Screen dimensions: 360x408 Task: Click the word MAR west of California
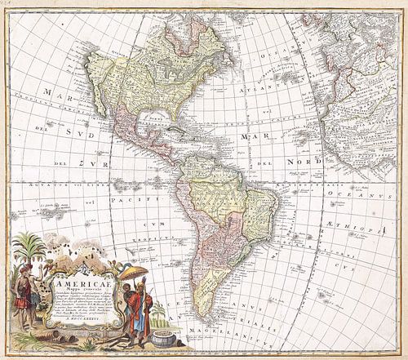coord(32,105)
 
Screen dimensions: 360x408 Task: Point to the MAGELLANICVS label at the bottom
coord(220,350)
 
